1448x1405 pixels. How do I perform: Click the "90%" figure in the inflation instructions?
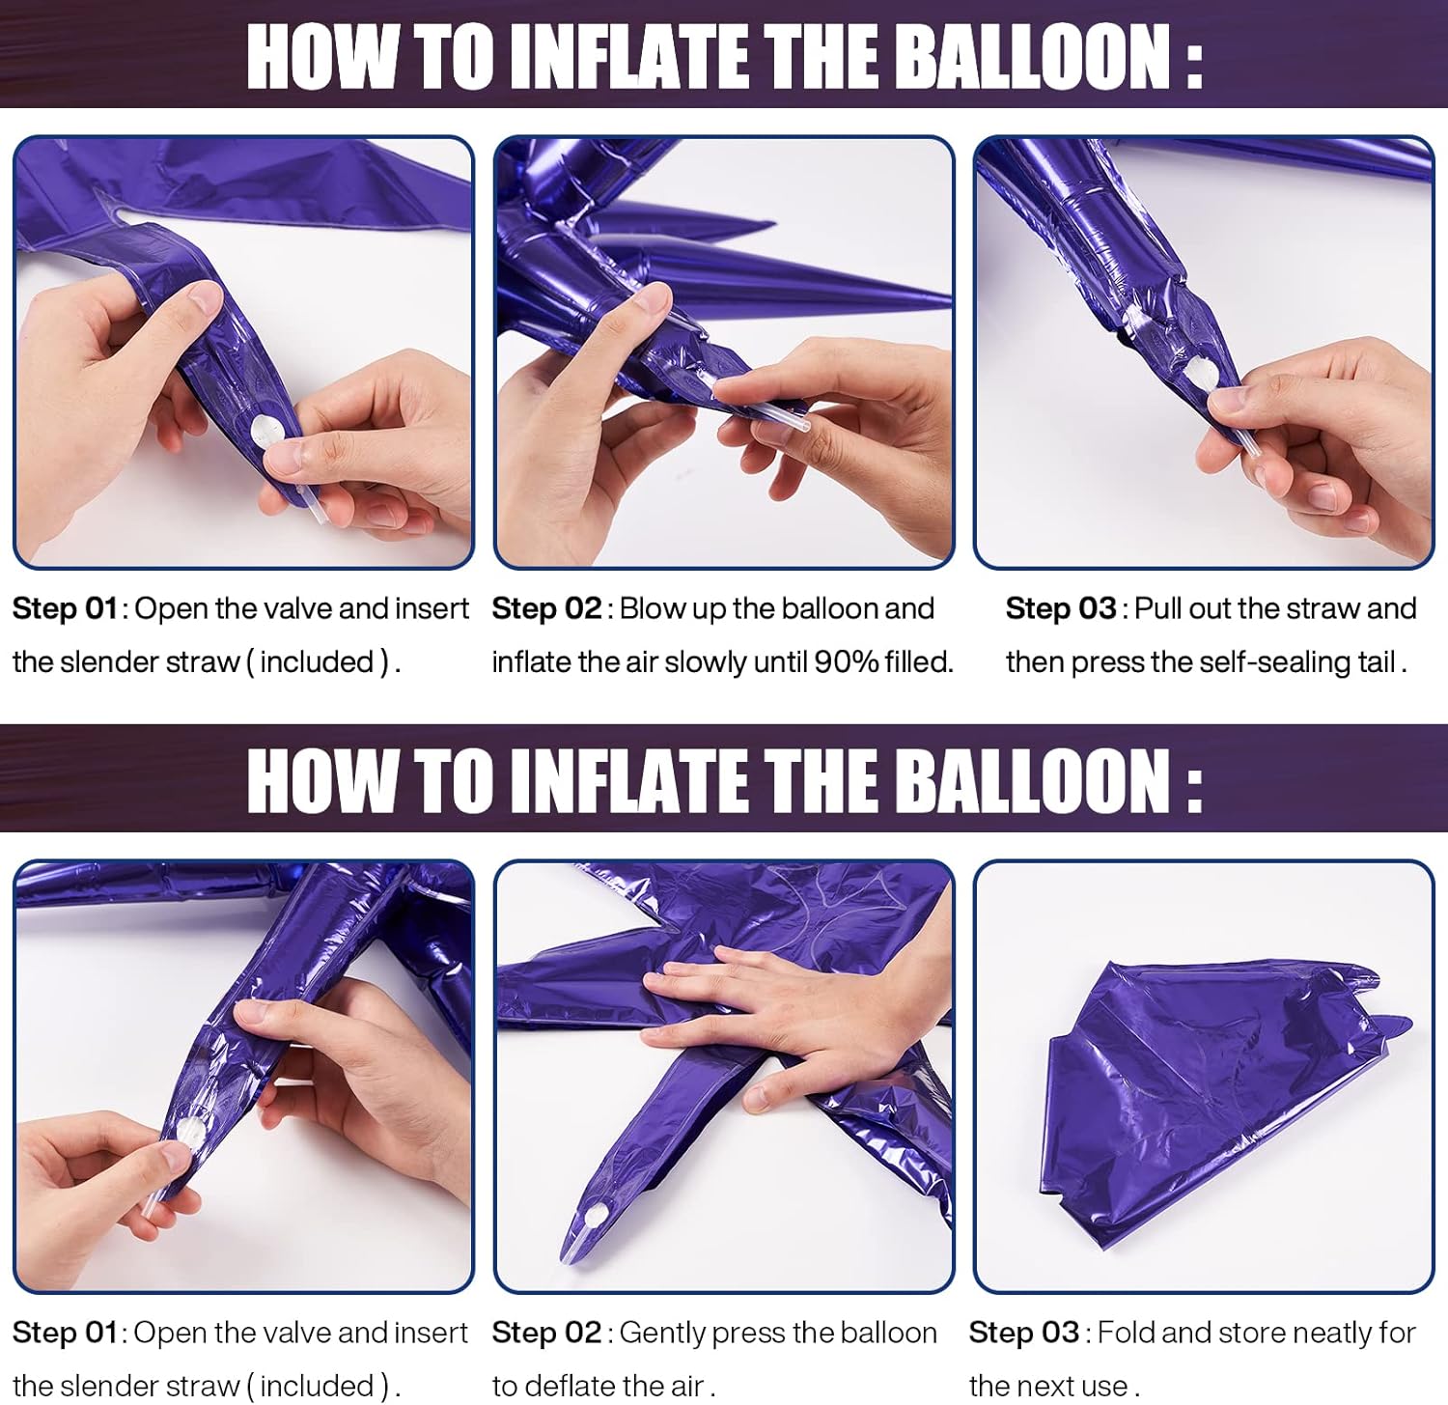(x=847, y=662)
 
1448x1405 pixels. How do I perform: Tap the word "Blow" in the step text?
(x=652, y=609)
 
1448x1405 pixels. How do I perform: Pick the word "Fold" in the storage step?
(x=1122, y=1334)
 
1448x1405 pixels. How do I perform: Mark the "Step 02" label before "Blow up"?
(x=546, y=609)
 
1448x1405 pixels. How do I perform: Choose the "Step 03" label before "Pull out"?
(x=1060, y=609)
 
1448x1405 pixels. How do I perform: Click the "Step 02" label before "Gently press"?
(x=546, y=1334)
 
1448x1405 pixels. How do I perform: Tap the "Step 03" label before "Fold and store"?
(x=1023, y=1334)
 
